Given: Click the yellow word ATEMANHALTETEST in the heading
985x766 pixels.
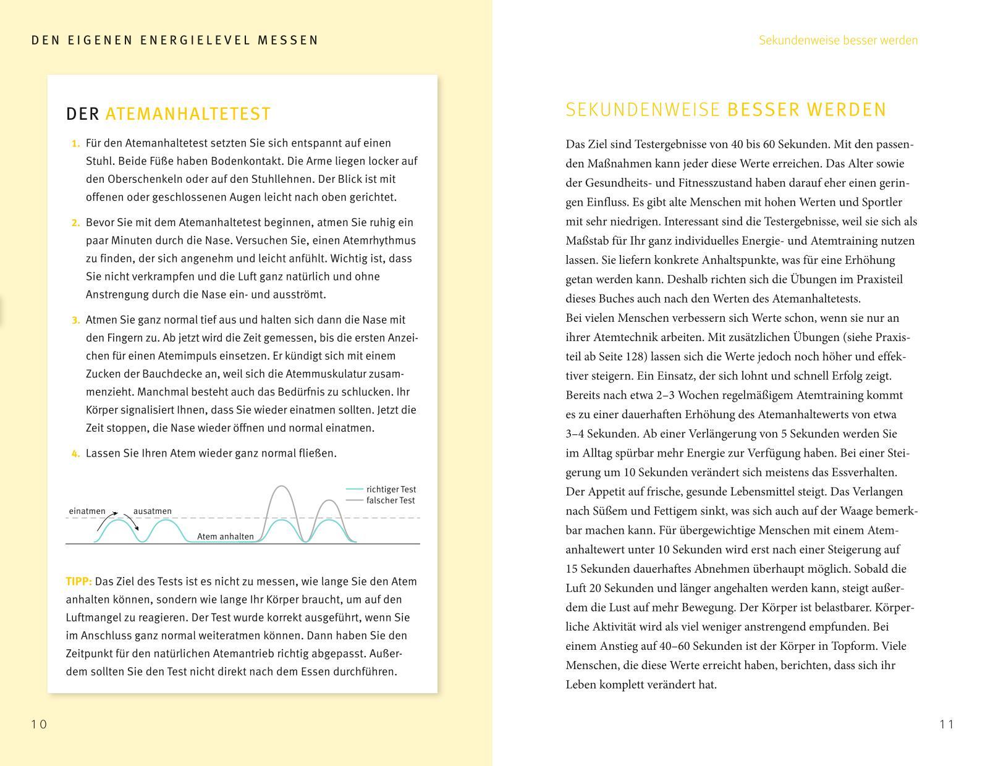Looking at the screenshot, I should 188,114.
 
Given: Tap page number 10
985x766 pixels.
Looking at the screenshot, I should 39,724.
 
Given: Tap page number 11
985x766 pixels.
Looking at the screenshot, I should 947,724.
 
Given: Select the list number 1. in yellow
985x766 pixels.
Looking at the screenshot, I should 75,143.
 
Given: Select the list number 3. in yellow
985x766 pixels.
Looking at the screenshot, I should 75,320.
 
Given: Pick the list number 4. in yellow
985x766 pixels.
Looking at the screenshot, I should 75,453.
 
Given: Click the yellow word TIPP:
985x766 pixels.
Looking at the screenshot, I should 78,581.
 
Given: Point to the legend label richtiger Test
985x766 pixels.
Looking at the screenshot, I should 391,489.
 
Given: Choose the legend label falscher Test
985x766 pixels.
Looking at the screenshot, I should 391,500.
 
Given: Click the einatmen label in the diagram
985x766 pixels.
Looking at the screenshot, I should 87,511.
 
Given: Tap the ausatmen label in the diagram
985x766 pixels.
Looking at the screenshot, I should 153,511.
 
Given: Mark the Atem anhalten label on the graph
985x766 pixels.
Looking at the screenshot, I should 225,537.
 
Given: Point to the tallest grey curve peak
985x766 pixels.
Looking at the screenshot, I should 282,487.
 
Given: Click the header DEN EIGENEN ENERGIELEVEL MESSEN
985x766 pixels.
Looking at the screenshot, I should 175,41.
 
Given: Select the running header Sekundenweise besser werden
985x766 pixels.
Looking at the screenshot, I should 838,41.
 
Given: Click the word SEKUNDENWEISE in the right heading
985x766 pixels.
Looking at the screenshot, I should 643,110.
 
